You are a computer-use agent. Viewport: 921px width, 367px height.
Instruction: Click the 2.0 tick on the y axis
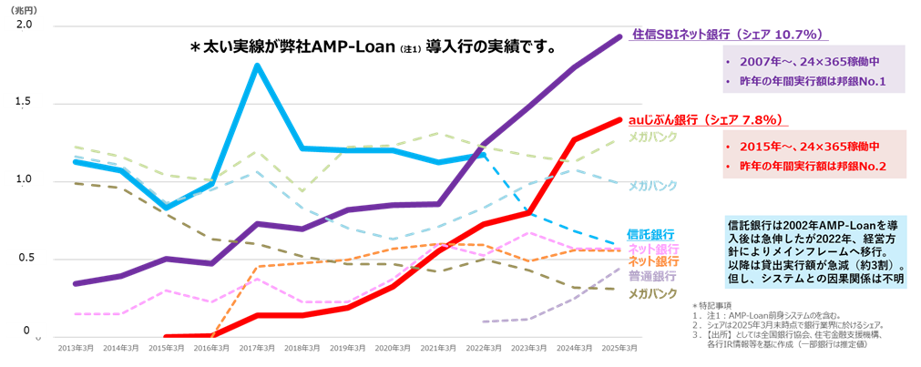click(25, 25)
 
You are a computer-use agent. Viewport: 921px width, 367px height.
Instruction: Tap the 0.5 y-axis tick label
click(25, 259)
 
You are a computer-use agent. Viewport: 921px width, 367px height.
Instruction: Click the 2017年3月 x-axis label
click(257, 348)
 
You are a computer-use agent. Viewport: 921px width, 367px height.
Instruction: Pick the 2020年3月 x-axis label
click(394, 348)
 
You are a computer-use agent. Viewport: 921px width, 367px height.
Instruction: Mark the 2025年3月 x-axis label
click(620, 348)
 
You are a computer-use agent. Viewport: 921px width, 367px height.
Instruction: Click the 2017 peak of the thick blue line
click(258, 65)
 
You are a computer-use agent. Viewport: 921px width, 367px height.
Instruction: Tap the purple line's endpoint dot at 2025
click(619, 37)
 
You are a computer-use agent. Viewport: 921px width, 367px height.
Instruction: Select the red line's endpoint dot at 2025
click(619, 119)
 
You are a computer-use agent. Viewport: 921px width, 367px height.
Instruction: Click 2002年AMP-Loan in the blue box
click(810, 222)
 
